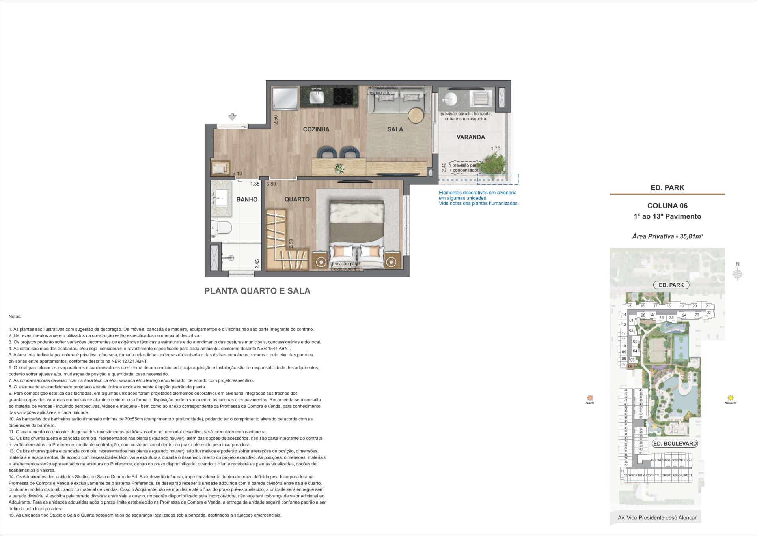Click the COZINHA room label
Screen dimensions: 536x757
(x=316, y=129)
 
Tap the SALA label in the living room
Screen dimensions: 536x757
(x=395, y=129)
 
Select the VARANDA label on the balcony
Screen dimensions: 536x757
(x=470, y=137)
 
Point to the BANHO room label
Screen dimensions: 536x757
(x=247, y=199)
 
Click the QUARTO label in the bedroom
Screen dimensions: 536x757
(x=297, y=199)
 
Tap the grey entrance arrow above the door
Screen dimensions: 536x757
(x=233, y=117)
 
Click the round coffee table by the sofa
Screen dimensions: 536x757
(x=416, y=116)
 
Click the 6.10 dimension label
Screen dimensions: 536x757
(x=237, y=173)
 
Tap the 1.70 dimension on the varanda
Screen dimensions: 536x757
(x=495, y=149)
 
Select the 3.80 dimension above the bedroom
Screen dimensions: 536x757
(x=271, y=184)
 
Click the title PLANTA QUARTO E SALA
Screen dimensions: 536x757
(x=257, y=291)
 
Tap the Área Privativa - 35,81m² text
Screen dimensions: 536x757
(x=668, y=236)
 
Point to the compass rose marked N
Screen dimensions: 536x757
(x=737, y=273)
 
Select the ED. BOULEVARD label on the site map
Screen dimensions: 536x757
(x=675, y=444)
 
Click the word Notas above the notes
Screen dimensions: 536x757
(x=15, y=317)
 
